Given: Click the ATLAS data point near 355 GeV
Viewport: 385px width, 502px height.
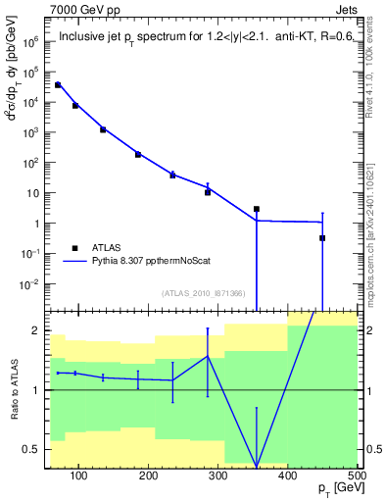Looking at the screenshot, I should coord(257,209).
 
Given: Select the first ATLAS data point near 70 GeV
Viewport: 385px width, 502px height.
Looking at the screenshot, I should coord(58,85).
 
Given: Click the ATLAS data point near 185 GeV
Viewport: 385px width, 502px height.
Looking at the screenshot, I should coord(138,154).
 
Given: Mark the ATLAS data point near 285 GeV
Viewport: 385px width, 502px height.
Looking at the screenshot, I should coord(208,192).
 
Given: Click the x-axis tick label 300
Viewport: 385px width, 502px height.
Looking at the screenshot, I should coord(217,477).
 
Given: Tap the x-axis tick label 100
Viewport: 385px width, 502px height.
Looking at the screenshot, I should coord(79,477).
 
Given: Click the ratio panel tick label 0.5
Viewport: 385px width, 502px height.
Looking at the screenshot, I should coord(29,449).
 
